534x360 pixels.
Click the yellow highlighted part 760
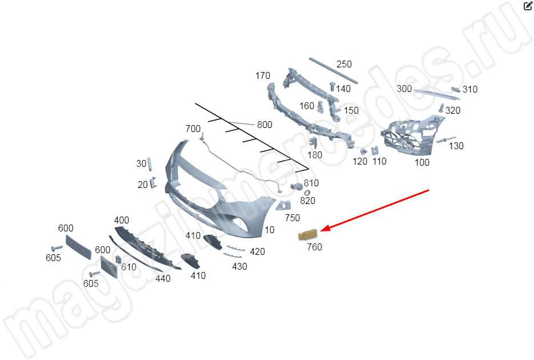[x=307, y=235]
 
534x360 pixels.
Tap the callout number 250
[x=344, y=64]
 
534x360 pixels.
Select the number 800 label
[x=264, y=125]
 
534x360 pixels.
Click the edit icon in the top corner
[x=528, y=6]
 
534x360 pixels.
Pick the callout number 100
[x=422, y=162]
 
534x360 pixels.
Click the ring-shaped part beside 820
[x=307, y=193]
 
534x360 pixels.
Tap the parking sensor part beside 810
[x=296, y=186]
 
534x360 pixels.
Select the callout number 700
[x=193, y=129]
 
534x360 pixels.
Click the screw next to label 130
[x=446, y=140]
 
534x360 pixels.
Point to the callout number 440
[x=163, y=279]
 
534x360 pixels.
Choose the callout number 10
[x=270, y=230]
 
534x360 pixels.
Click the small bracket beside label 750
[x=283, y=206]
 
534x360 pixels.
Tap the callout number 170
[x=263, y=75]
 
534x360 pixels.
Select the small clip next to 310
[x=456, y=90]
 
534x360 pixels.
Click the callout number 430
[x=240, y=266]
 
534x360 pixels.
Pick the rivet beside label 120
[x=364, y=151]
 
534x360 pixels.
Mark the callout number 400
[x=122, y=221]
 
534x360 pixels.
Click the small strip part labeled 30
[x=150, y=165]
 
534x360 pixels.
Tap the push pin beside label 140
[x=332, y=86]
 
